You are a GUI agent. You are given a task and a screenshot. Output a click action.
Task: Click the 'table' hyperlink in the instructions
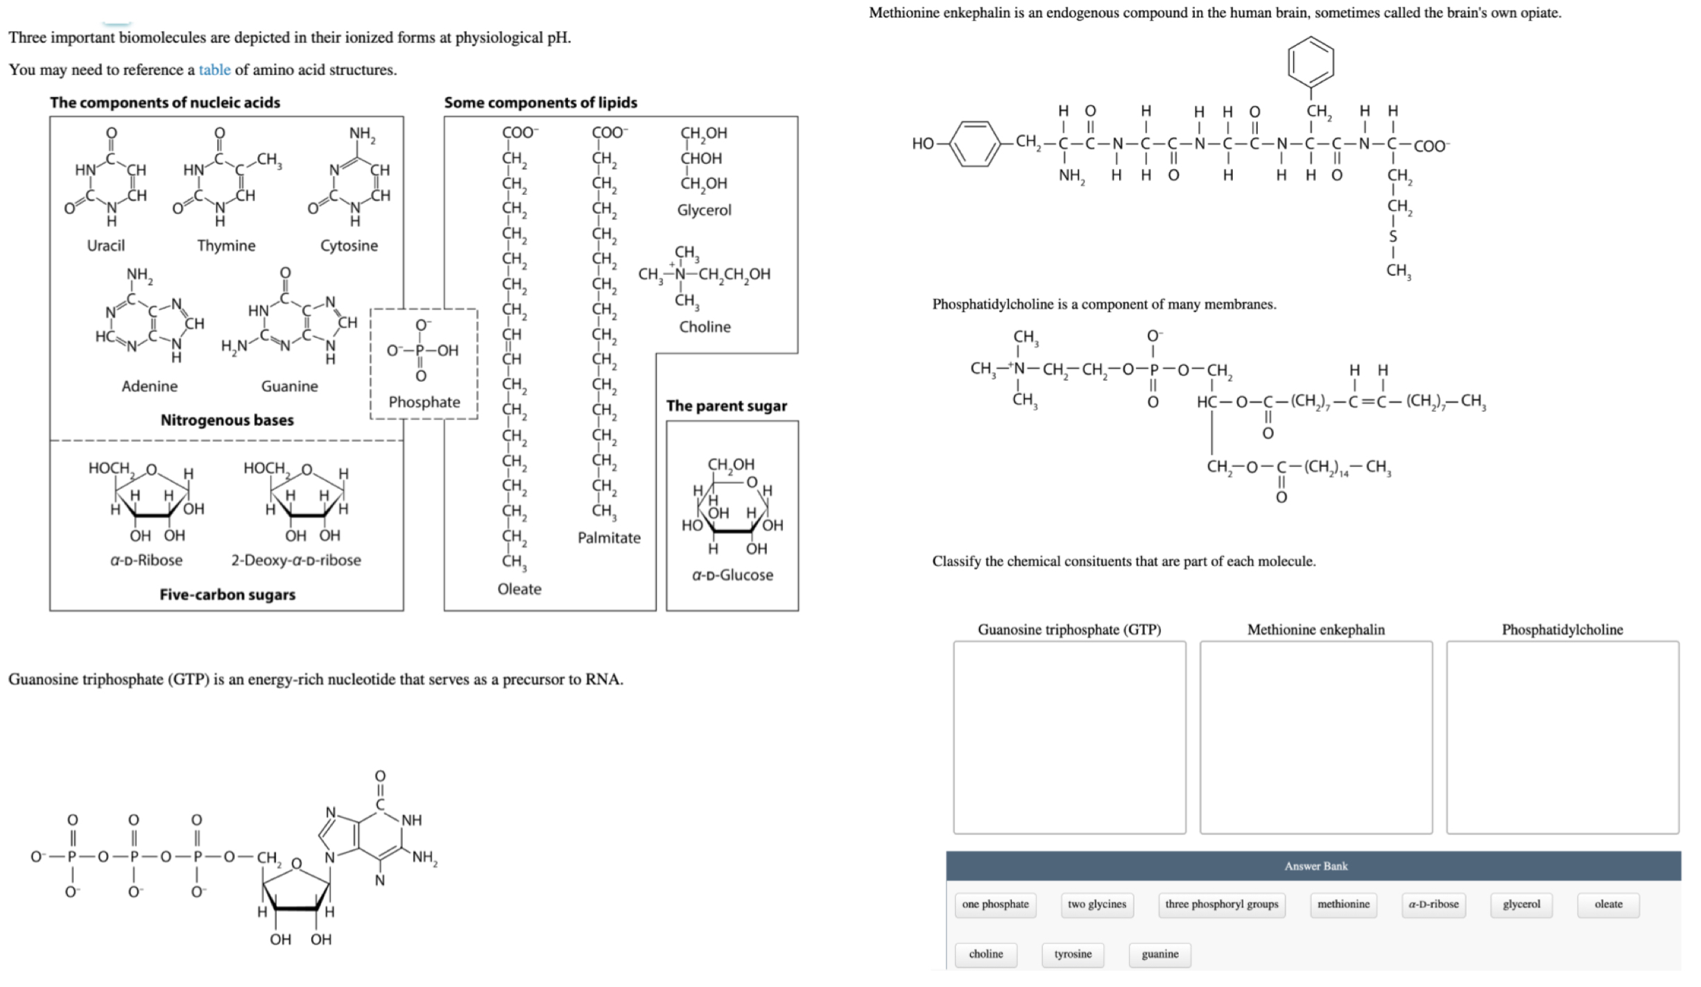(x=214, y=70)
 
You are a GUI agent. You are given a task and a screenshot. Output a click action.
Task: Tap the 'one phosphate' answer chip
(x=995, y=904)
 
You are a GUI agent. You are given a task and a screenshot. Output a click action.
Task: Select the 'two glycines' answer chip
(x=1096, y=904)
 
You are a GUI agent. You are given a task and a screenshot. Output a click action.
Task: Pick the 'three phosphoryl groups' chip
(x=1221, y=904)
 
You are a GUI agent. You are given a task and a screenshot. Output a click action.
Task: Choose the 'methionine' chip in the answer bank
(x=1343, y=904)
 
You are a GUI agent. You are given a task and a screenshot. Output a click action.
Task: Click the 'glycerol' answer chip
(x=1521, y=904)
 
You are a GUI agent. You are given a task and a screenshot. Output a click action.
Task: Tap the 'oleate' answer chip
(x=1608, y=904)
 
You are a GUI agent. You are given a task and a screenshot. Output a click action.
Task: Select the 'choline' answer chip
(x=985, y=954)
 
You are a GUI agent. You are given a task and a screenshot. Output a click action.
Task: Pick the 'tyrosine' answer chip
(x=1073, y=954)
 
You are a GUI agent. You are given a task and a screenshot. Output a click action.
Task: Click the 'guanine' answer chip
(x=1159, y=954)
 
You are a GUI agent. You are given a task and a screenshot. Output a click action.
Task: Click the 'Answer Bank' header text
(x=1315, y=866)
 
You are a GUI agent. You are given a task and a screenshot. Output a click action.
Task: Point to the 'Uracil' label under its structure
(x=105, y=246)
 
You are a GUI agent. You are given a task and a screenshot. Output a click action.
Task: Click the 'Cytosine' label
(x=349, y=246)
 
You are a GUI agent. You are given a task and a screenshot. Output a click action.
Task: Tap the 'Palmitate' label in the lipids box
(x=609, y=538)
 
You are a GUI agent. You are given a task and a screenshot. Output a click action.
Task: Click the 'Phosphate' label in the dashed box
(x=424, y=402)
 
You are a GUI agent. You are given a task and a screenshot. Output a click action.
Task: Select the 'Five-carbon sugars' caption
(x=227, y=594)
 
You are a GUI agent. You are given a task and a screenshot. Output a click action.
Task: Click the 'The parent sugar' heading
(x=726, y=406)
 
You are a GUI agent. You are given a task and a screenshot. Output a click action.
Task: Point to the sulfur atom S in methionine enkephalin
(x=1392, y=237)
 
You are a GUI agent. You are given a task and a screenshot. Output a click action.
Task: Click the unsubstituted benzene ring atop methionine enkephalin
(x=1310, y=62)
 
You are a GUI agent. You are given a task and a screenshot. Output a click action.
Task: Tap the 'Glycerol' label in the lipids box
(x=704, y=210)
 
